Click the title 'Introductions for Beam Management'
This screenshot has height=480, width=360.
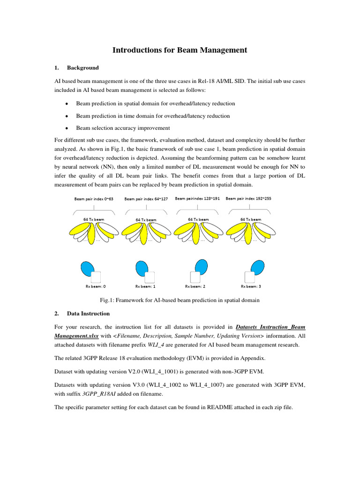tap(180, 50)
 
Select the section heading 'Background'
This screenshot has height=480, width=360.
tap(82, 68)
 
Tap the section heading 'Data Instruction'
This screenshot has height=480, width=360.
tap(88, 314)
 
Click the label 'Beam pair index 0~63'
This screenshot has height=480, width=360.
tap(94, 199)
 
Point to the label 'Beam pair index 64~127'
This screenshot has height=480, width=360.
tap(146, 199)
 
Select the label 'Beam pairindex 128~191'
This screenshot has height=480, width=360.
tap(197, 198)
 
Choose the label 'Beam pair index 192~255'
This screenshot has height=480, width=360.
tap(248, 198)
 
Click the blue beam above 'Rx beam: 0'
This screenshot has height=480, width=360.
tap(87, 269)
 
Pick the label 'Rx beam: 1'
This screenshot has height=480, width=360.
tap(145, 286)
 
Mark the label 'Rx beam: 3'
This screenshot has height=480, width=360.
tap(251, 286)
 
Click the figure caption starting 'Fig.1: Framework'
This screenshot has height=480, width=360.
tap(180, 300)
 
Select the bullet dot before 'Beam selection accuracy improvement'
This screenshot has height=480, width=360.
tap(67, 128)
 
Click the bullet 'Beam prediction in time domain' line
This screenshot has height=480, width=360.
tap(153, 116)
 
